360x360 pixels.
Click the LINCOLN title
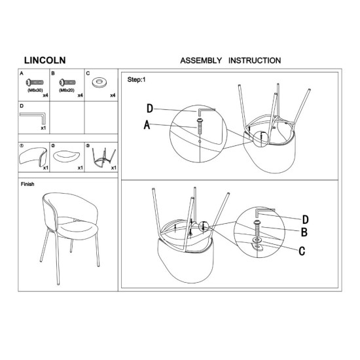(x=45, y=60)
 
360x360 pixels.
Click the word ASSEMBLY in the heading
(x=201, y=61)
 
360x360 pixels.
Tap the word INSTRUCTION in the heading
(x=255, y=61)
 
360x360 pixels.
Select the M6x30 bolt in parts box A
(x=35, y=82)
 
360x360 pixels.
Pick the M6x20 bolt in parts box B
(x=67, y=82)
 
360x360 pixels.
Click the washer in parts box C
(x=99, y=82)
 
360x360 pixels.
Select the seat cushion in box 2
(x=67, y=156)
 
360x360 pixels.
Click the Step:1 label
(x=136, y=80)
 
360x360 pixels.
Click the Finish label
(x=27, y=184)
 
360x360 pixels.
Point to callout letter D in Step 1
(x=150, y=109)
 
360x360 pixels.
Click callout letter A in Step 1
(x=147, y=125)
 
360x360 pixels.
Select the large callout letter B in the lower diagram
(x=304, y=232)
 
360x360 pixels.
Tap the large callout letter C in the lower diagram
(x=302, y=251)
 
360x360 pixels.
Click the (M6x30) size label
(x=35, y=90)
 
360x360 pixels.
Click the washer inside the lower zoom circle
(x=257, y=240)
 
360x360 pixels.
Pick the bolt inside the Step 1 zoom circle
(x=199, y=127)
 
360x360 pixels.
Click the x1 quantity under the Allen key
(x=43, y=128)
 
